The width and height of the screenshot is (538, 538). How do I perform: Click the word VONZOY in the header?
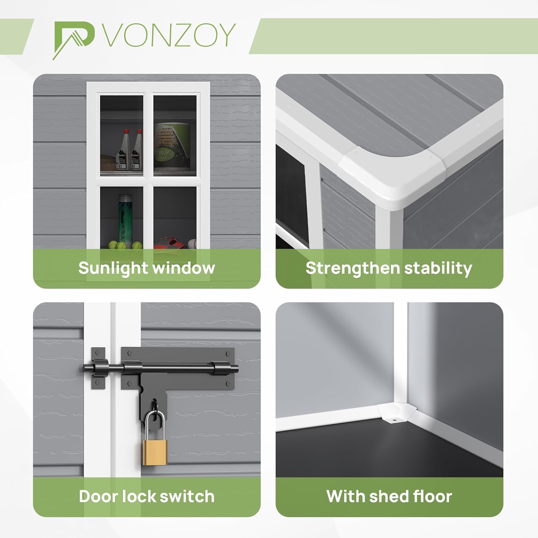(x=169, y=35)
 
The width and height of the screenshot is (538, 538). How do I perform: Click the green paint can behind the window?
(x=172, y=146)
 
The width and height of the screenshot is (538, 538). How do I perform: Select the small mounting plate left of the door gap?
(x=98, y=368)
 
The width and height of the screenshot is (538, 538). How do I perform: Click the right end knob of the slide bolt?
(x=235, y=368)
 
